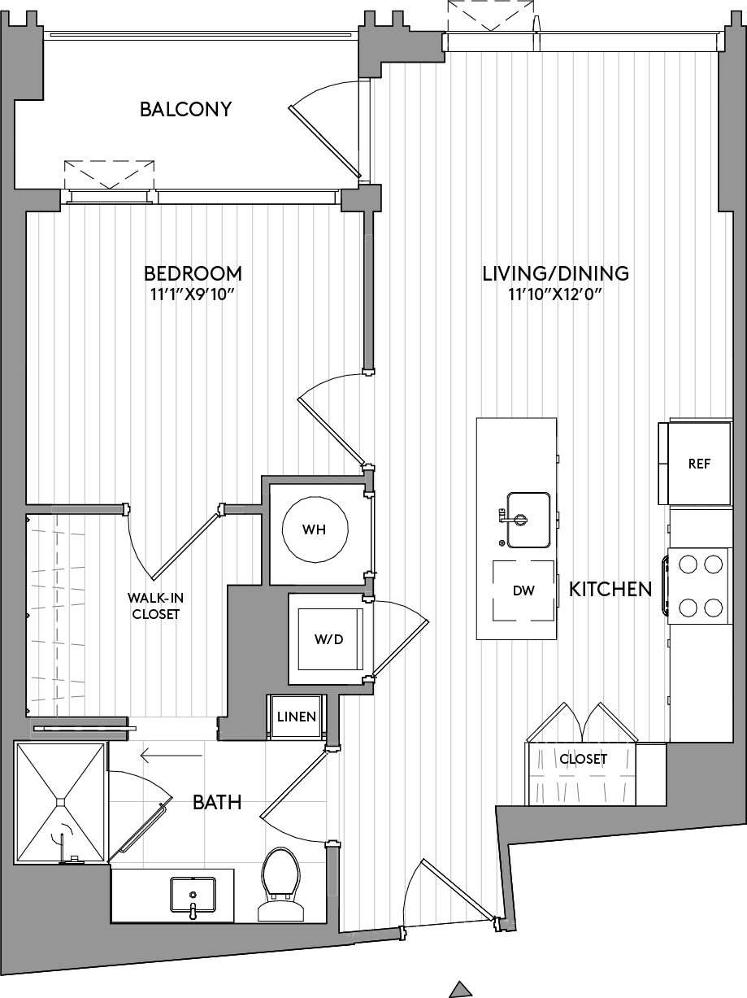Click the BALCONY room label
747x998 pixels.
click(185, 109)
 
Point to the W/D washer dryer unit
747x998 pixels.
click(328, 638)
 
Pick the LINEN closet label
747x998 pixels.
click(296, 717)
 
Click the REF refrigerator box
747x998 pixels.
click(699, 464)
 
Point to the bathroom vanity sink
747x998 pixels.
click(193, 895)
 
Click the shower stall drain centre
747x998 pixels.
click(60, 802)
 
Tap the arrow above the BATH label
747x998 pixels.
click(171, 756)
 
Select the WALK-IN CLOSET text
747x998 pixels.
click(155, 607)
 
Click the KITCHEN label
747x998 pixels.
click(610, 590)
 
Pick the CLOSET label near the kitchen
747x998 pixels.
click(583, 759)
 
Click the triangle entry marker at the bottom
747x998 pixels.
click(461, 989)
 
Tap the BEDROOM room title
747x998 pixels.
click(193, 273)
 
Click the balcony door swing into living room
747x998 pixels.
click(325, 130)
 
